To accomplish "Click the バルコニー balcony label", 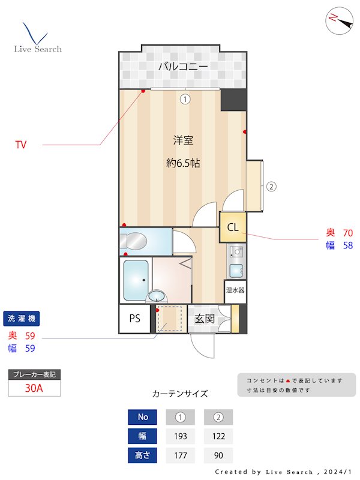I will (183, 67).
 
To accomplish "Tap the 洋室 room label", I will (183, 140).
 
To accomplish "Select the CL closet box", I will (233, 227).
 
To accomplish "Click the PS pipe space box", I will (134, 319).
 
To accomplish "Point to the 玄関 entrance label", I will (204, 319).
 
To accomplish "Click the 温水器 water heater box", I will (235, 290).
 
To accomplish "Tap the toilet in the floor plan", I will (136, 241).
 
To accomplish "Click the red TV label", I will (21, 145).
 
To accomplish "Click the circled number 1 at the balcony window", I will (185, 100).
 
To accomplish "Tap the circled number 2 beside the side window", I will (271, 186).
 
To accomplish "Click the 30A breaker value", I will (34, 388).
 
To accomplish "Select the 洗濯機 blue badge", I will (22, 319).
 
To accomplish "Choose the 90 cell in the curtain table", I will (218, 455).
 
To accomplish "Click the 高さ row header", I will (143, 455).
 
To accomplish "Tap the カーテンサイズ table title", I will (180, 394).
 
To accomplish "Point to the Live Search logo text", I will (38, 49).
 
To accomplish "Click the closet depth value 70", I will (348, 233).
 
